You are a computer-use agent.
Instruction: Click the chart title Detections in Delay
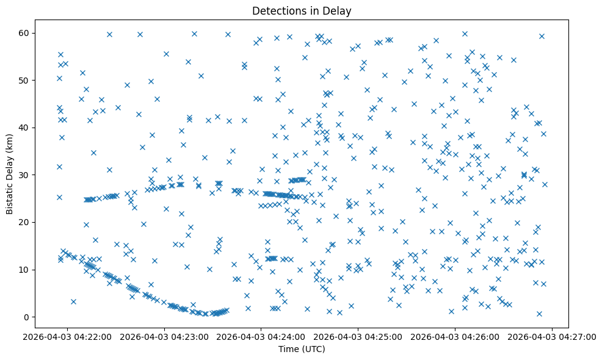point(302,11)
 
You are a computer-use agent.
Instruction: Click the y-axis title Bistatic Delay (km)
point(10,174)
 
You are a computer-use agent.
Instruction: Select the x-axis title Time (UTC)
point(302,349)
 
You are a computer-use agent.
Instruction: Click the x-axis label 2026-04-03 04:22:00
point(68,336)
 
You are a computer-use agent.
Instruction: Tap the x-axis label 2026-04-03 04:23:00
point(165,336)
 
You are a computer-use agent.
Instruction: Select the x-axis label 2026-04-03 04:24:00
point(262,336)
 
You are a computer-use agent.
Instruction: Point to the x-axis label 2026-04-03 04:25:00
point(358,336)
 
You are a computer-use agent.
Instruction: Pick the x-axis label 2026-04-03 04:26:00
point(455,336)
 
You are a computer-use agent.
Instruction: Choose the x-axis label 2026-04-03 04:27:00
point(553,336)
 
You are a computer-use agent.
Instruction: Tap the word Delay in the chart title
point(339,11)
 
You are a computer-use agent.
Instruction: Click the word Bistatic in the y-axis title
point(10,197)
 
